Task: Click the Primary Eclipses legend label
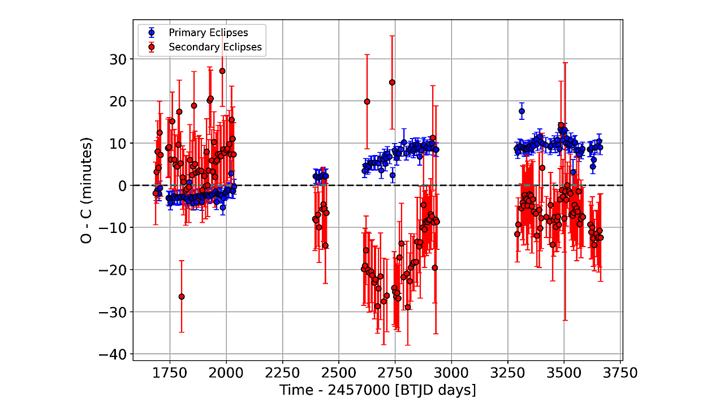(208, 33)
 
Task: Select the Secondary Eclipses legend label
(215, 47)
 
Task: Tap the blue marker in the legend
(151, 33)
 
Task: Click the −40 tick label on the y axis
(112, 354)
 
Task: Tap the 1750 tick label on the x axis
(170, 374)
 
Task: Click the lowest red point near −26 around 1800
(182, 296)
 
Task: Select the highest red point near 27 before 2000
(222, 71)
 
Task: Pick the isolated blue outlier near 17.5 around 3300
(522, 111)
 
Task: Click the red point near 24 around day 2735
(392, 83)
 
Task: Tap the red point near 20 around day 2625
(367, 102)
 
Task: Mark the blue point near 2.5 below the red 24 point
(393, 175)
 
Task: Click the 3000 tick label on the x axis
(451, 374)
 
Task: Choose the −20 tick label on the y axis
(112, 270)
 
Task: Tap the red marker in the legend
(151, 47)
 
